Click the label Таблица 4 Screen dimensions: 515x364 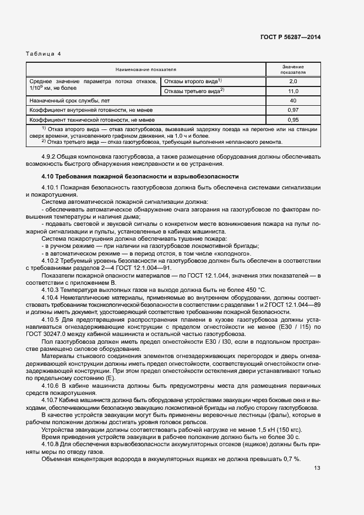pyautogui.click(x=44, y=53)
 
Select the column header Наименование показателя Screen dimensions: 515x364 pyautogui.click(x=146, y=69)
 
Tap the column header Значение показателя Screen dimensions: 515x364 pyautogui.click(x=293, y=69)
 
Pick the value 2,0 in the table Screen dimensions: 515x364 pyautogui.click(x=293, y=81)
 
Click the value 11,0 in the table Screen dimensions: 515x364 pyautogui.click(x=293, y=91)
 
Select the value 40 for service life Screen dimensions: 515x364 pyautogui.click(x=293, y=101)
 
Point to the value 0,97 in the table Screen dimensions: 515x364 pyautogui.click(x=293, y=110)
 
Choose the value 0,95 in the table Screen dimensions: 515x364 pyautogui.click(x=293, y=120)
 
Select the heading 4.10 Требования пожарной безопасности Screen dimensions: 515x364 pyautogui.click(x=140, y=177)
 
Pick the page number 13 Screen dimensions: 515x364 pyautogui.click(x=317, y=468)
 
